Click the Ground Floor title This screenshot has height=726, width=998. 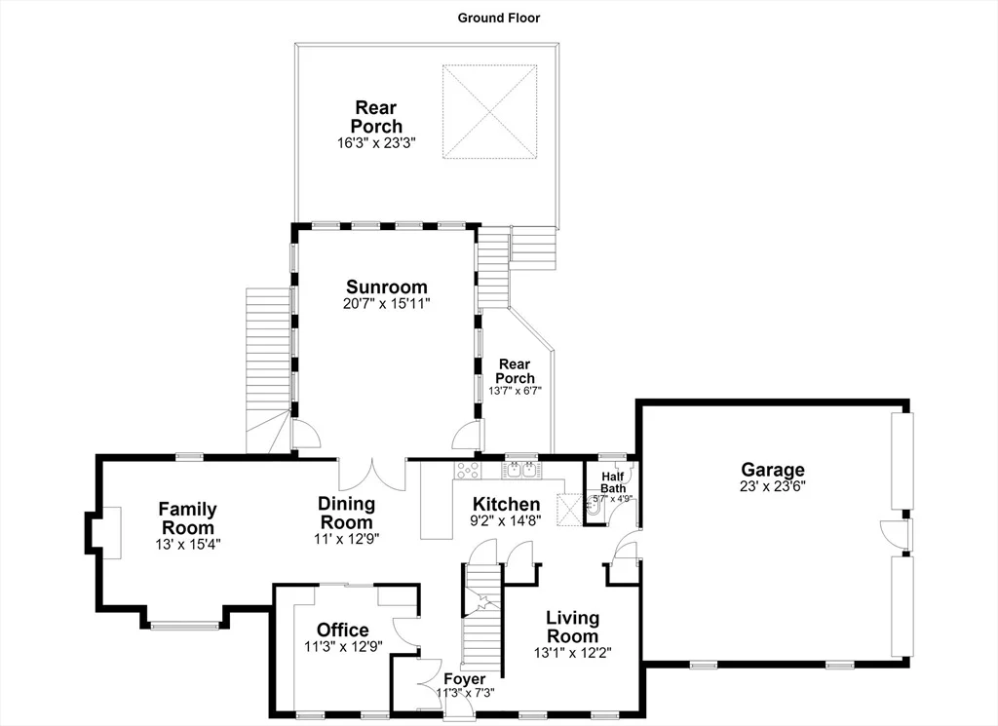(498, 18)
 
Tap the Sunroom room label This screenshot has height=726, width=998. (386, 287)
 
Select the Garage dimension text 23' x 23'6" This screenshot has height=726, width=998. (773, 486)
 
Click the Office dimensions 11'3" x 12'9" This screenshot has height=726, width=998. (342, 646)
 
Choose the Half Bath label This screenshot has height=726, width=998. (612, 482)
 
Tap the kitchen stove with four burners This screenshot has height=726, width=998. (467, 471)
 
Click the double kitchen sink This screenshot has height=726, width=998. (522, 471)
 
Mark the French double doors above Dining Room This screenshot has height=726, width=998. (371, 475)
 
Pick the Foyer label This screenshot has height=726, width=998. (465, 679)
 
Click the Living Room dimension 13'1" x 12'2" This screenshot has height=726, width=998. (573, 652)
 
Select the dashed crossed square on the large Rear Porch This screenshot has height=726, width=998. (490, 112)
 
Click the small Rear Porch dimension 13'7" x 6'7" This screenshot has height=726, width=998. (515, 391)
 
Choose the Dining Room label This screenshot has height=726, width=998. (346, 513)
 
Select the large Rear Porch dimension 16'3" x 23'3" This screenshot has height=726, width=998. (376, 142)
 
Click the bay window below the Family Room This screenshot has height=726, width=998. (184, 626)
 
